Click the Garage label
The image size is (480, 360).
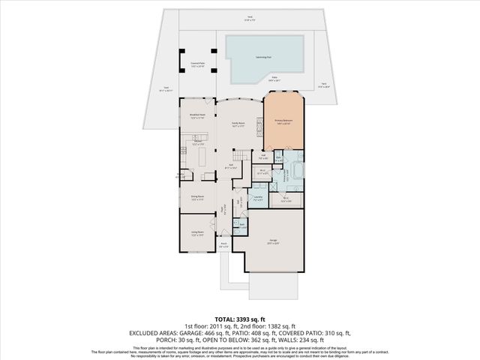[274, 241]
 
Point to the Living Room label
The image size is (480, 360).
[196, 234]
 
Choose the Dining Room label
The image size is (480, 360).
[196, 198]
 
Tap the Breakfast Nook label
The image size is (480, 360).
[197, 116]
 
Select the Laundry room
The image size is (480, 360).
[258, 199]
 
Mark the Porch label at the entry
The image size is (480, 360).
[223, 244]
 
